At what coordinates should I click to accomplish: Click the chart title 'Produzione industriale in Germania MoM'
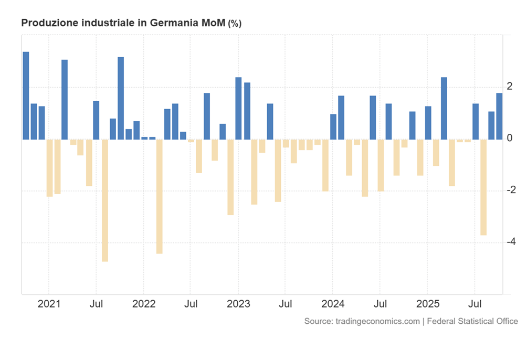123,23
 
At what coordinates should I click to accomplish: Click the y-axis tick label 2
510,86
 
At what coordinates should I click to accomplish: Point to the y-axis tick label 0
510,138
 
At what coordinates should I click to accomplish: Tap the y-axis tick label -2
508,189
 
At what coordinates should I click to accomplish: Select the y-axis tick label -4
508,241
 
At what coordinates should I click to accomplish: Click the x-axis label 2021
48,304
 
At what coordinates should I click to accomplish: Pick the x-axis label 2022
143,304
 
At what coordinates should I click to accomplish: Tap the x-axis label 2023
238,304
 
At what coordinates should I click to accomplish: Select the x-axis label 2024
333,304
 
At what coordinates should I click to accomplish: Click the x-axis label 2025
428,304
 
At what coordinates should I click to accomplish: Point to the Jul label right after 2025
475,304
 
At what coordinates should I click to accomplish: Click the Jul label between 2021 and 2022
96,304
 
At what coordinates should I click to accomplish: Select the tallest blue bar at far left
26,96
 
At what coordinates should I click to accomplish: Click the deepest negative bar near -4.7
105,200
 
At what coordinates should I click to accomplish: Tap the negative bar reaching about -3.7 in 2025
483,187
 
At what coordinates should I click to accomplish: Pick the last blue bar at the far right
499,116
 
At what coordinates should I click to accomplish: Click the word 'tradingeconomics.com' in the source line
377,321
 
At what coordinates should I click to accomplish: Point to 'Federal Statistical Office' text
472,321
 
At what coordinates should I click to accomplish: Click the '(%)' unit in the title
235,24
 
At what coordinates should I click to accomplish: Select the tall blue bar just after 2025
444,108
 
